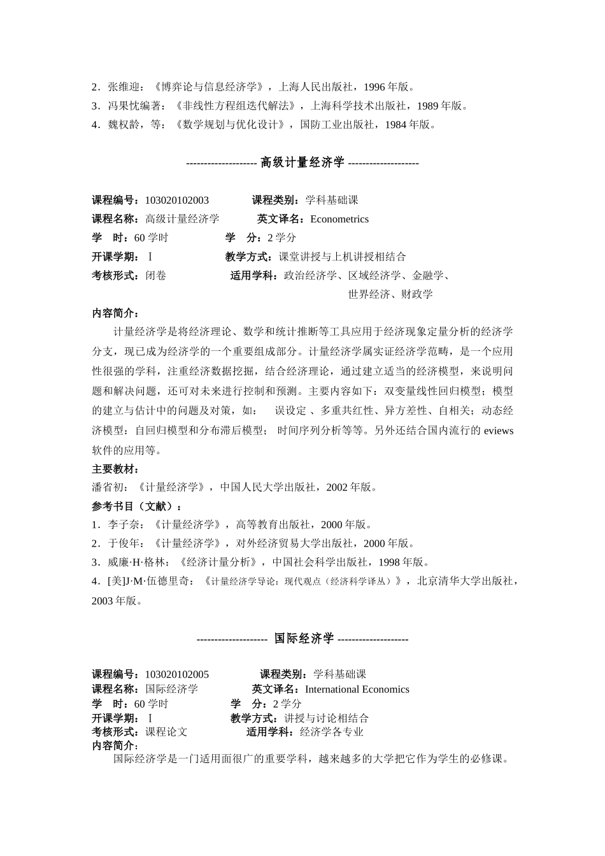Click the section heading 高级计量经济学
pos(302,162)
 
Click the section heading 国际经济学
pos(304,638)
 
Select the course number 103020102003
pos(176,200)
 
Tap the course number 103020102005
pos(176,674)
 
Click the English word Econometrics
pos(339,219)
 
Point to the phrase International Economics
pos(357,689)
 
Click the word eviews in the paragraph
pos(499,431)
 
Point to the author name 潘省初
pos(108,487)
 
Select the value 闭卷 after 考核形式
pos(156,276)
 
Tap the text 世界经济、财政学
pos(390,294)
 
